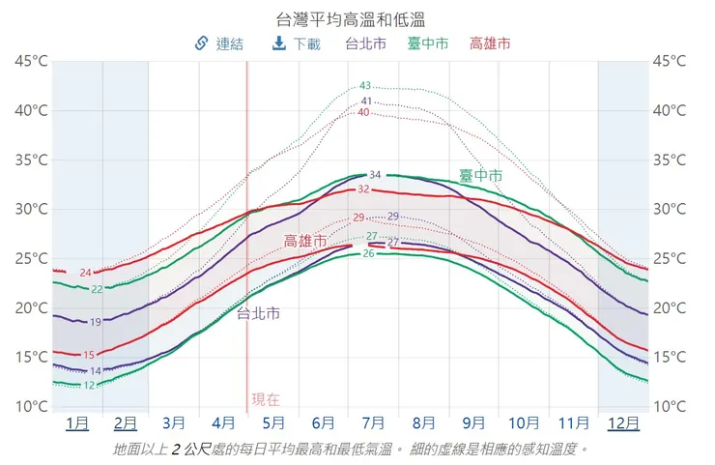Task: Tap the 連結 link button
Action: (x=219, y=44)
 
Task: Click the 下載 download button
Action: (x=297, y=44)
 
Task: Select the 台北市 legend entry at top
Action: (x=365, y=44)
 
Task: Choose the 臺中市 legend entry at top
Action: (x=427, y=44)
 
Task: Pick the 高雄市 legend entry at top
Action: (x=490, y=44)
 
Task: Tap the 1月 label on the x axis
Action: (x=77, y=423)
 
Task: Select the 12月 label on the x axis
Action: (x=623, y=423)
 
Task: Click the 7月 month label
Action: (x=374, y=423)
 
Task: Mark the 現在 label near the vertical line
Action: (x=266, y=398)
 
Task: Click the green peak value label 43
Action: (x=365, y=86)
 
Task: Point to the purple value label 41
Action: (x=366, y=102)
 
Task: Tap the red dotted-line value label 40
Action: (x=363, y=112)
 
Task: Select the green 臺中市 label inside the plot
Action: (x=480, y=175)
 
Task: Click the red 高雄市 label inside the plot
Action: (x=304, y=241)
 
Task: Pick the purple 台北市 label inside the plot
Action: (x=259, y=313)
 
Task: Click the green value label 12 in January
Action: (x=89, y=386)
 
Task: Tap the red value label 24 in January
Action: (x=85, y=273)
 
